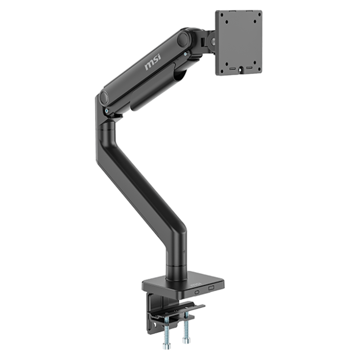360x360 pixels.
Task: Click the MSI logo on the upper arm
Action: [x=153, y=62]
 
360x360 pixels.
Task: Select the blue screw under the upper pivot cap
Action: [x=185, y=53]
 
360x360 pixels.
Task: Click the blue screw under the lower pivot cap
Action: [x=107, y=111]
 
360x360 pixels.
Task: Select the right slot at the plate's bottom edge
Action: [x=248, y=68]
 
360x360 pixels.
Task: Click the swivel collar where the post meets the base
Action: [x=176, y=269]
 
